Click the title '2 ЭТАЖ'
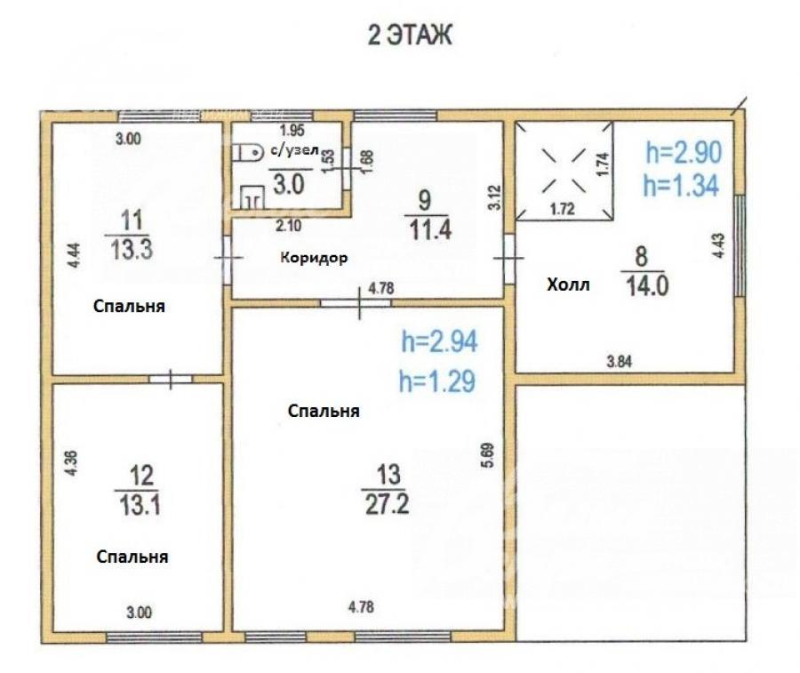[410, 36]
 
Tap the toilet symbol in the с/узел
[247, 152]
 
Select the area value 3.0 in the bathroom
[289, 184]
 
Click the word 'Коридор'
[314, 258]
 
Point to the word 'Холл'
[568, 284]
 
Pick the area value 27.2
[388, 505]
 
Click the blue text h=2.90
[684, 153]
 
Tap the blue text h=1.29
[437, 381]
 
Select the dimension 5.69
[488, 455]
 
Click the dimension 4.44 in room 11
[75, 256]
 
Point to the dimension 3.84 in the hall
[619, 362]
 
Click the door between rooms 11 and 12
[171, 379]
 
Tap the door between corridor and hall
[508, 258]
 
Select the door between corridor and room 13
[359, 302]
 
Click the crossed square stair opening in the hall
[564, 171]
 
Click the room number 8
[641, 256]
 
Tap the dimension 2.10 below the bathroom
[288, 226]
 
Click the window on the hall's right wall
[740, 245]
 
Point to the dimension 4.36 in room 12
[72, 463]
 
